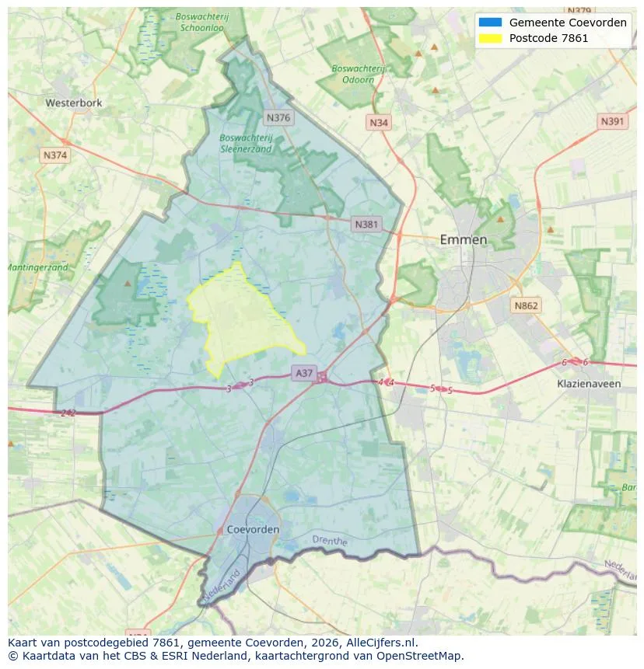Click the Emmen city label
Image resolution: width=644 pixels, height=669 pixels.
464,239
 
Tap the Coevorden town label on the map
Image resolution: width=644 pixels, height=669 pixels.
254,529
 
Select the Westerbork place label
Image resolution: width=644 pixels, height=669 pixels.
74,103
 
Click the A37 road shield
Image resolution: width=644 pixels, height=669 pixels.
303,373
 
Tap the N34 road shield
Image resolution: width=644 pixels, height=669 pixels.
379,123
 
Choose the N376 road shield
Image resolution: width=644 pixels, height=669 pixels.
278,118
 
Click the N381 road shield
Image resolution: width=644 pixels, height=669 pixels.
366,225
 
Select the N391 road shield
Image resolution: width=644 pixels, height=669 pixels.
613,121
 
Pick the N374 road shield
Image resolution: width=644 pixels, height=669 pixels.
55,155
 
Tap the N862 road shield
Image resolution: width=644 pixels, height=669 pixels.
526,306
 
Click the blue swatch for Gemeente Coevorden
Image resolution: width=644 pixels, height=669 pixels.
491,23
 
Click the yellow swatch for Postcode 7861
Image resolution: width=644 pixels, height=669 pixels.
491,38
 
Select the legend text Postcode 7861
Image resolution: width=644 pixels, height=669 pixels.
548,38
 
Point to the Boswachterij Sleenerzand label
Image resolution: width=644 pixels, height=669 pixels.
246,143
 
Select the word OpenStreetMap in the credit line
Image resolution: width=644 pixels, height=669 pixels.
421,656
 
